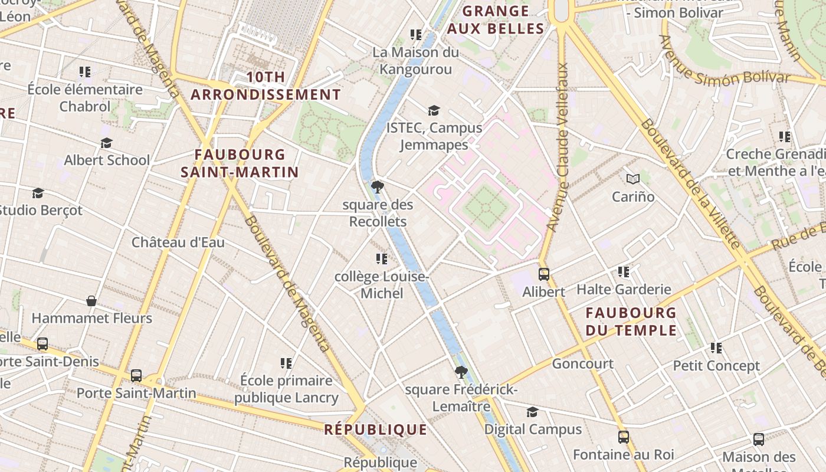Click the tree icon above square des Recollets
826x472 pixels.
tap(378, 188)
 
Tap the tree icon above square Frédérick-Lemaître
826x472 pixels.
tap(461, 372)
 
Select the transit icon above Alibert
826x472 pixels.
tap(543, 274)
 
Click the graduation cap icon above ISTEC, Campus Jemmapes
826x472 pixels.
tap(434, 110)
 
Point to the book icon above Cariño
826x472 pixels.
tap(632, 179)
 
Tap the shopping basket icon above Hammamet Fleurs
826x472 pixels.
tap(91, 301)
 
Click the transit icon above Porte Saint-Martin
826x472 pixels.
tap(136, 376)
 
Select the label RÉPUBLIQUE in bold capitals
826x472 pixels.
tap(375, 430)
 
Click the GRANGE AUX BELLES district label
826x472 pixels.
tap(496, 20)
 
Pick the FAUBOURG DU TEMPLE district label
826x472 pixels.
tap(631, 322)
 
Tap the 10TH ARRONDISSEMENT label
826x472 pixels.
tap(266, 86)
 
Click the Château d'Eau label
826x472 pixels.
tap(178, 242)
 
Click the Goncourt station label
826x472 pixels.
tap(582, 364)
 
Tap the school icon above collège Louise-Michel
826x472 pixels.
tap(381, 259)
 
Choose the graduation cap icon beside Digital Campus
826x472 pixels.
tap(532, 412)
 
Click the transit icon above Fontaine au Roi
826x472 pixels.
tap(623, 437)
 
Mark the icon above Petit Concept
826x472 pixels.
tap(716, 348)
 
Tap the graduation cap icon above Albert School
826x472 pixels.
tap(106, 143)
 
